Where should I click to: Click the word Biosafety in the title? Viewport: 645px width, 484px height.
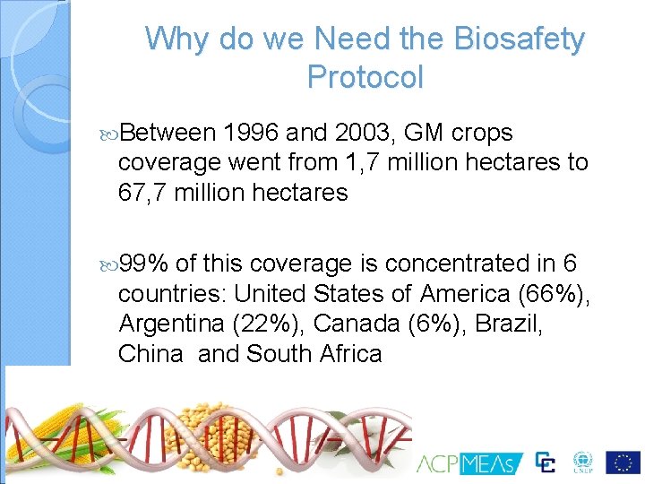tap(520, 39)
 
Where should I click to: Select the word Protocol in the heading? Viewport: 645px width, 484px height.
tap(365, 77)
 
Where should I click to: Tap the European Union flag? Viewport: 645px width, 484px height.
tap(623, 462)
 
